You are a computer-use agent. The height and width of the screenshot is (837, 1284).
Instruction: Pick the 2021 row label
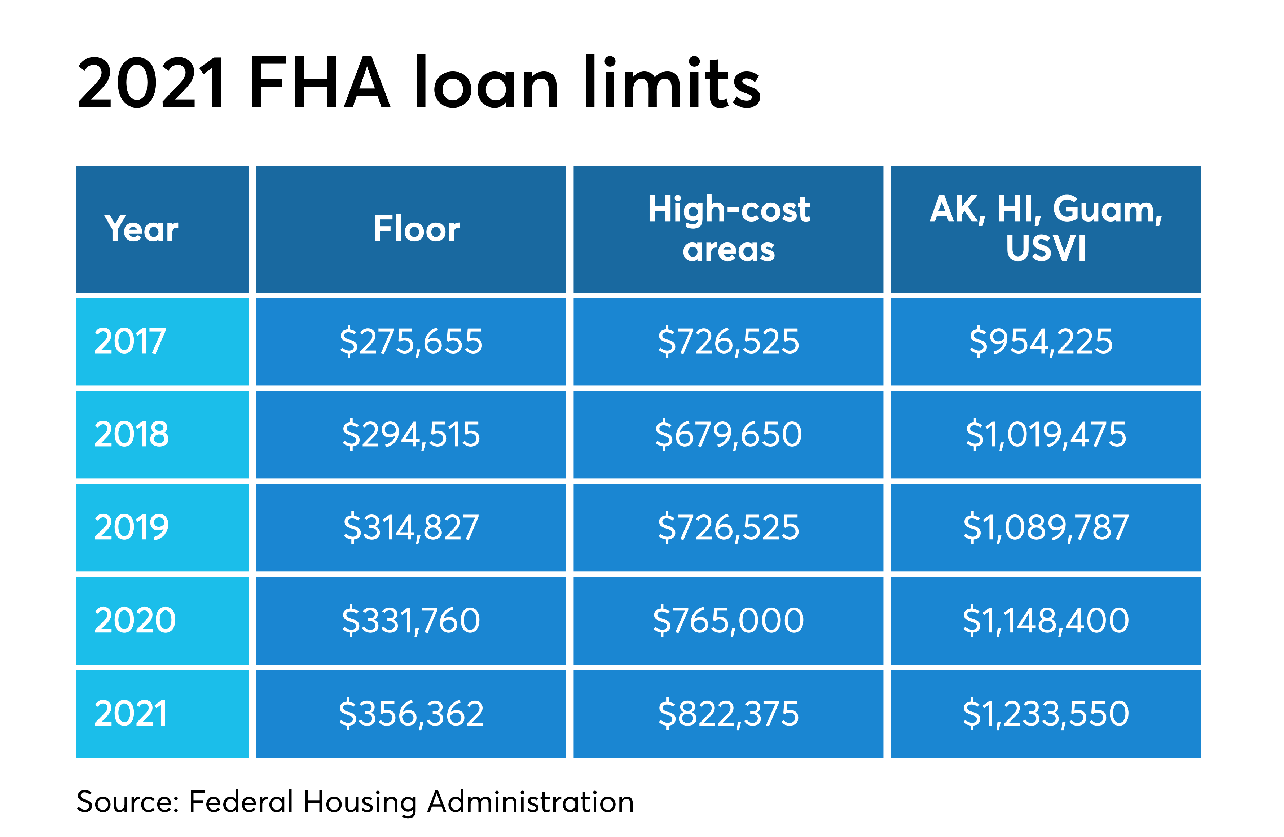[x=131, y=713]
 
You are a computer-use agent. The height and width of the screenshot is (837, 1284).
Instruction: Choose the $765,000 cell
[x=728, y=621]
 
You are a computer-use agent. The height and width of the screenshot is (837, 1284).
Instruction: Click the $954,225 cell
[x=1041, y=342]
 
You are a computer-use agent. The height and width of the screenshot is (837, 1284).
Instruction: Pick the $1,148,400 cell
[x=1046, y=621]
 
